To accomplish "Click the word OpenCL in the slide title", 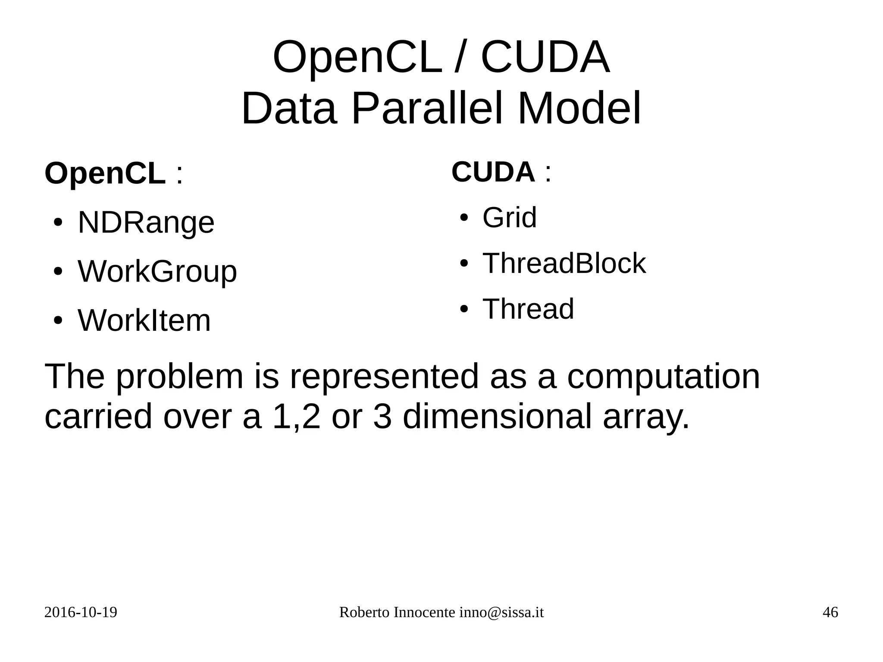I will coord(357,58).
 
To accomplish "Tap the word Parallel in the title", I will coord(427,108).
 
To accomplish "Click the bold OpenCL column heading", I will coord(105,173).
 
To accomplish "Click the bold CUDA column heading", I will coord(493,172).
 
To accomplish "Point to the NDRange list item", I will coord(146,223).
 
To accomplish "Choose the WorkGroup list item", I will coord(157,272).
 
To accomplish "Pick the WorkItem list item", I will coord(144,320).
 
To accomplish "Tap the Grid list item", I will coord(509,217).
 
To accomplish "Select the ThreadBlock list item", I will coord(564,263).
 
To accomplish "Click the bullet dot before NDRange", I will coord(57,223).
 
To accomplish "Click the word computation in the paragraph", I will coord(663,376).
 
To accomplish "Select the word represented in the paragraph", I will coord(384,376).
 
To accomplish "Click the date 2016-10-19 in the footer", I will coord(81,612).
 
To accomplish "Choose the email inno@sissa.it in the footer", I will coord(501,612).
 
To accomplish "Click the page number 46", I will coord(830,612).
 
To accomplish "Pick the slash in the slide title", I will coord(460,58).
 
